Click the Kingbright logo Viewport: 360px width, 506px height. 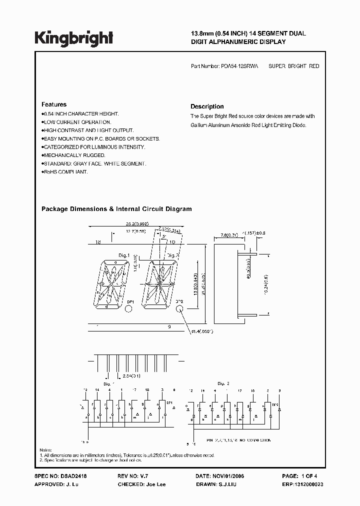pos(74,37)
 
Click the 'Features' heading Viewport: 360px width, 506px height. pos(53,104)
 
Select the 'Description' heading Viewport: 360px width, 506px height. pos(207,106)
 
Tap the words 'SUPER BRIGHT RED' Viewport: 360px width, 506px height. pos(293,66)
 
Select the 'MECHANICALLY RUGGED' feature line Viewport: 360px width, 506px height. pos(73,155)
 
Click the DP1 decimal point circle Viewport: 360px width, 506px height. pos(129,309)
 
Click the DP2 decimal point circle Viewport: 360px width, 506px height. pos(180,309)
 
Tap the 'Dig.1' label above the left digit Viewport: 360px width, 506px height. pos(124,255)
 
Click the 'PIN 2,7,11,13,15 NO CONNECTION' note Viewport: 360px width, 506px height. pos(239,440)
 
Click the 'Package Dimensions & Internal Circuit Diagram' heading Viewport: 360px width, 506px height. pos(116,209)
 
